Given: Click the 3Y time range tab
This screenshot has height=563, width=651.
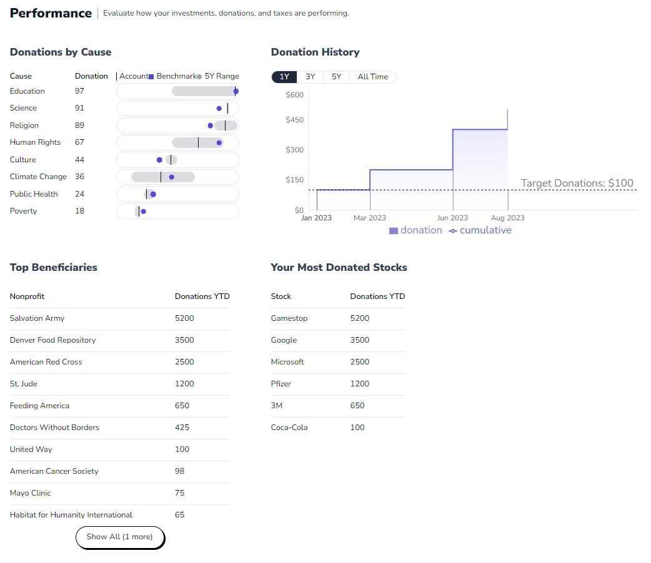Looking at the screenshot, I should (310, 77).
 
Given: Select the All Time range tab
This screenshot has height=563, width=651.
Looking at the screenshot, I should (372, 77).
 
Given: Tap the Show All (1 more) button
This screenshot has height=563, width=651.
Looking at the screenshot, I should (119, 537).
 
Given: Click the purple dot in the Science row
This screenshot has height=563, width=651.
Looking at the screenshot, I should (219, 109).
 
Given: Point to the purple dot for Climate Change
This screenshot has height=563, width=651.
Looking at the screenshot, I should (172, 177).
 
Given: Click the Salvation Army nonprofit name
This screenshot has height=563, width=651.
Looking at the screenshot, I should (37, 318).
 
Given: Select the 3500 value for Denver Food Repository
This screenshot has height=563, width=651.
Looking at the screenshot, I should (184, 340).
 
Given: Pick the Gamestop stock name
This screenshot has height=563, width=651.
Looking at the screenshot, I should (289, 318).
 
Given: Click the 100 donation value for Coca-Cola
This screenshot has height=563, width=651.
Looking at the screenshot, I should (357, 428).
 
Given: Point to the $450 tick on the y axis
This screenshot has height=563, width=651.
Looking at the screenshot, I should (294, 120).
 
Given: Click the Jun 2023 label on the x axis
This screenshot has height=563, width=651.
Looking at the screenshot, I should (452, 218).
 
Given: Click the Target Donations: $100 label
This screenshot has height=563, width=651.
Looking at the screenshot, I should (577, 184).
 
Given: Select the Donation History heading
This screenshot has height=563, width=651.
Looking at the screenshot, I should (315, 52).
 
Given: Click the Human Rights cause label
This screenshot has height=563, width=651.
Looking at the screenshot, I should (35, 142).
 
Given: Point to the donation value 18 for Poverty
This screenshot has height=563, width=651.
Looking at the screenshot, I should (79, 211).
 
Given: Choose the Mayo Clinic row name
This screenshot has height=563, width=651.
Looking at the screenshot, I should (30, 493).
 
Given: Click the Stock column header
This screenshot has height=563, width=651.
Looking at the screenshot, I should (281, 296).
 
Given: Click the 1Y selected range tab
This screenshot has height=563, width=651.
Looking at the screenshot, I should (284, 77).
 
